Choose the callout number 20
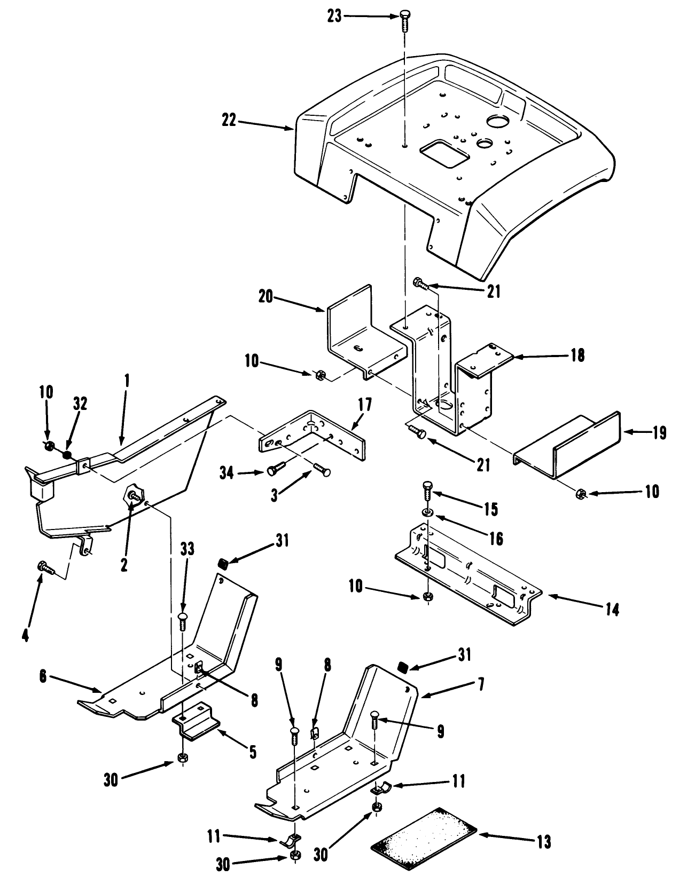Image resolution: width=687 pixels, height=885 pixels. click(x=266, y=296)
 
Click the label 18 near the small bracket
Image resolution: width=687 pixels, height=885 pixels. click(x=578, y=355)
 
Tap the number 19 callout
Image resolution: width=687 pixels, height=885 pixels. click(x=659, y=432)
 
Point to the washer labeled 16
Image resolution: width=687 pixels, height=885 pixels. click(x=427, y=512)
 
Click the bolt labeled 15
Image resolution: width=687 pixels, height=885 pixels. click(x=426, y=492)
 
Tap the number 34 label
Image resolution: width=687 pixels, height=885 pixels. click(x=227, y=473)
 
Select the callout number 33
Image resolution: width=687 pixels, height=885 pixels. click(x=188, y=549)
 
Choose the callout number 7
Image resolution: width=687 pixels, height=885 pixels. click(x=481, y=684)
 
